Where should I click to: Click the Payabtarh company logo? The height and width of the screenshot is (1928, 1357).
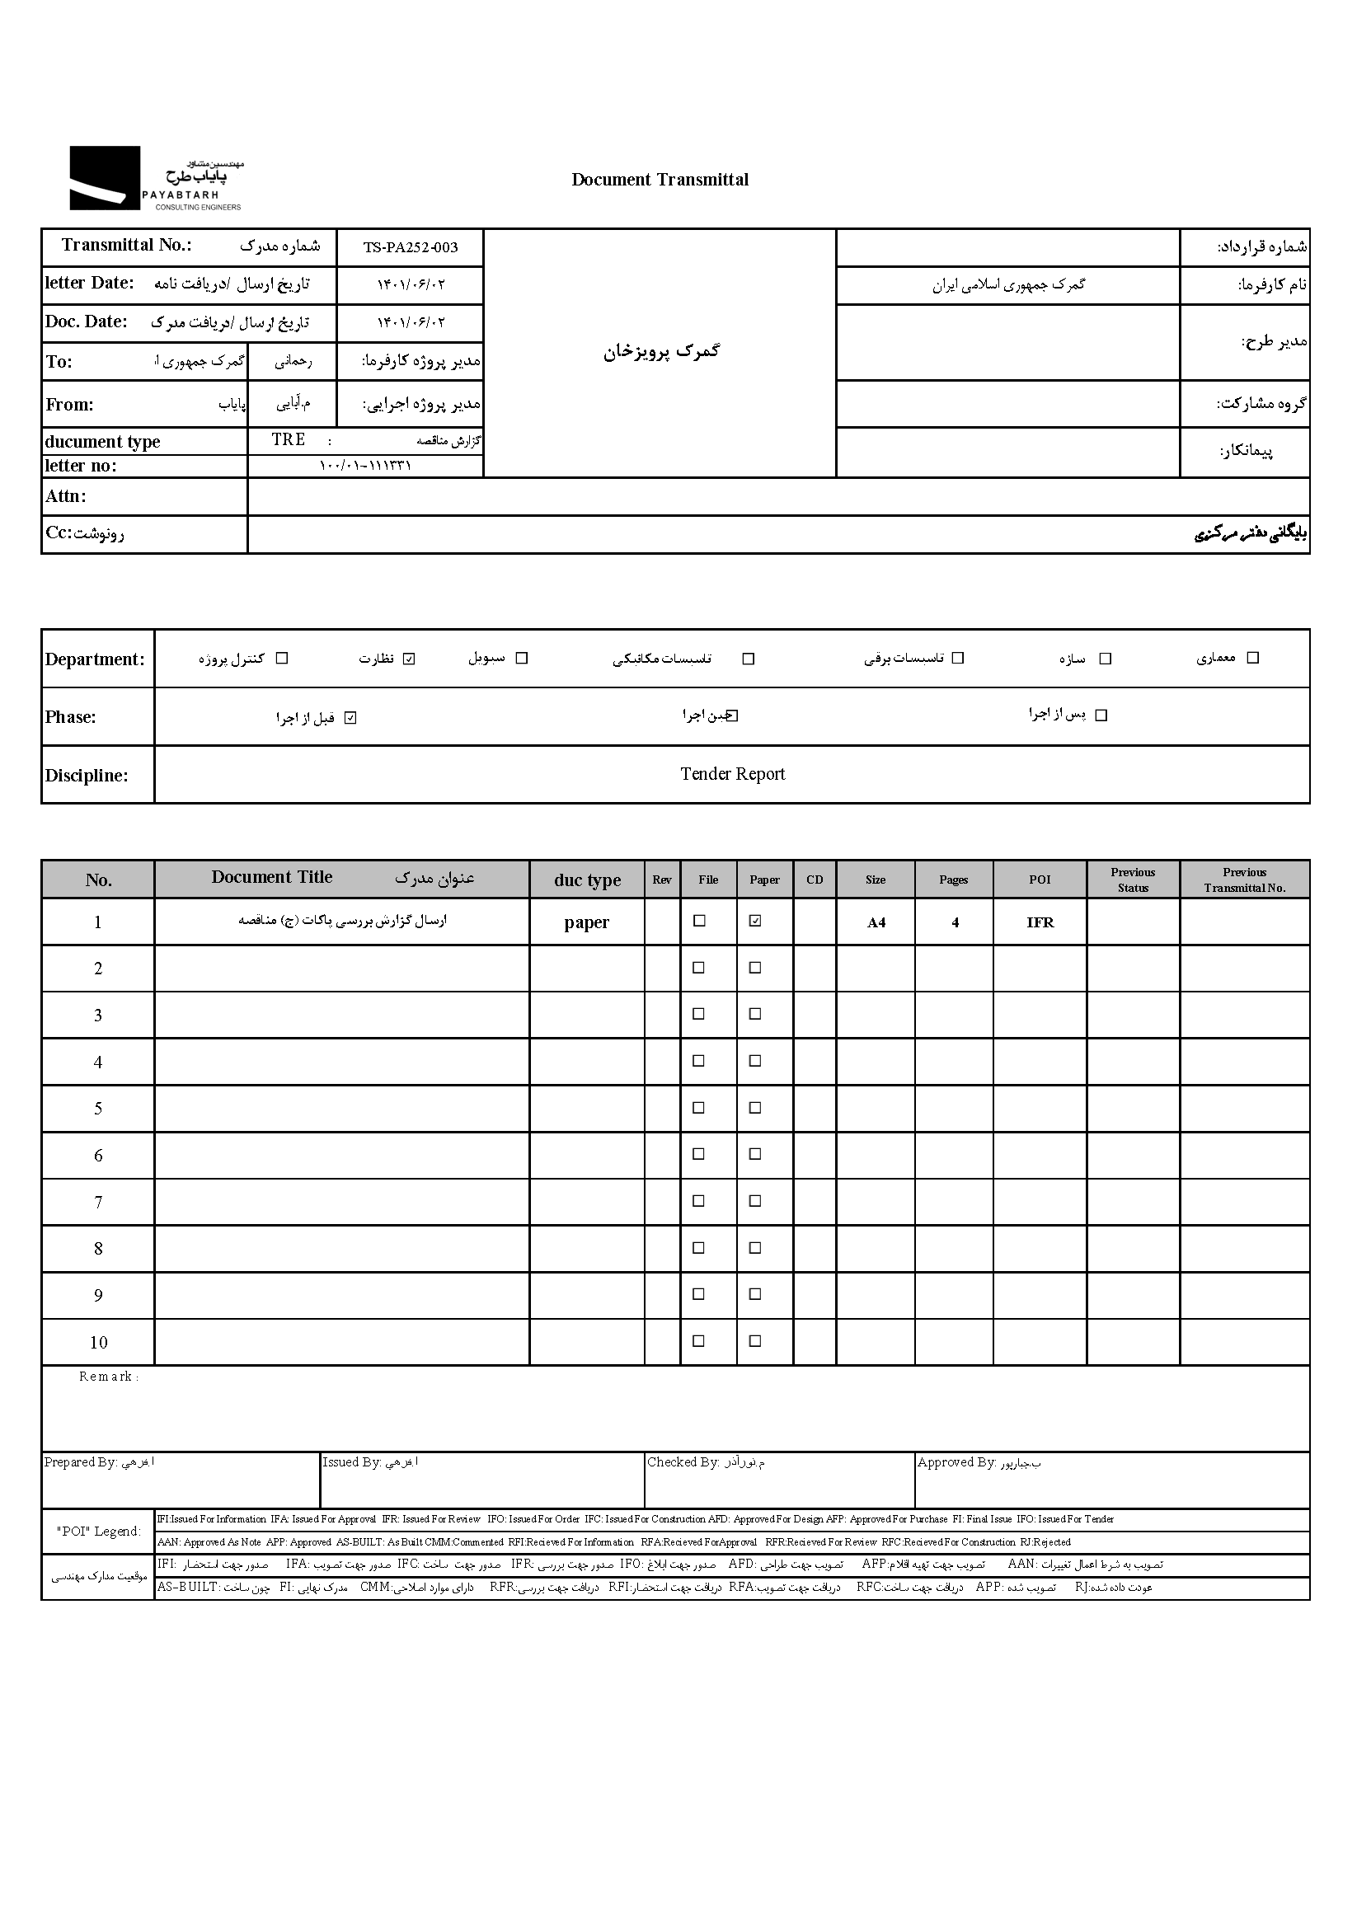click(x=156, y=179)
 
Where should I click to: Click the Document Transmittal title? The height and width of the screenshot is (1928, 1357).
click(x=660, y=180)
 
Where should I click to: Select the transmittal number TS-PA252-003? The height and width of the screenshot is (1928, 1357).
click(x=410, y=248)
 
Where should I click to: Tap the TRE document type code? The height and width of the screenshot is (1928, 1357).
click(x=288, y=440)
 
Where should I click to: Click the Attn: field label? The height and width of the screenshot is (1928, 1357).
click(x=66, y=496)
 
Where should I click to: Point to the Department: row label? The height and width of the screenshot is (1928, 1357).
click(x=95, y=659)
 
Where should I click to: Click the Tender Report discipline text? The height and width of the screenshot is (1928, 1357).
click(x=732, y=774)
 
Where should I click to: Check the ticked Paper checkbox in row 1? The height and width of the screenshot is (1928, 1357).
click(x=755, y=922)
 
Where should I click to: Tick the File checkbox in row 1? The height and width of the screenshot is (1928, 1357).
click(x=697, y=922)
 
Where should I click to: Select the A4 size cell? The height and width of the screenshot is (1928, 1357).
click(x=876, y=923)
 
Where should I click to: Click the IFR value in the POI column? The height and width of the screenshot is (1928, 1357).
click(x=1040, y=923)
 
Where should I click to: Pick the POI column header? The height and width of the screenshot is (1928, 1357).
click(x=1040, y=880)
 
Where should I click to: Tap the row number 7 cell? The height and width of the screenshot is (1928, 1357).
click(x=98, y=1203)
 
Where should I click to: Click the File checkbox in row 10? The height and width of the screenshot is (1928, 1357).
click(x=697, y=1341)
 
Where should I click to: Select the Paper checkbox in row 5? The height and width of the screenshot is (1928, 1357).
click(x=755, y=1108)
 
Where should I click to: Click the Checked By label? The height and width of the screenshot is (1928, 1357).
click(x=683, y=1462)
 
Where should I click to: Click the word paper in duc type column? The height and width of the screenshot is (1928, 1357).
click(x=586, y=923)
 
